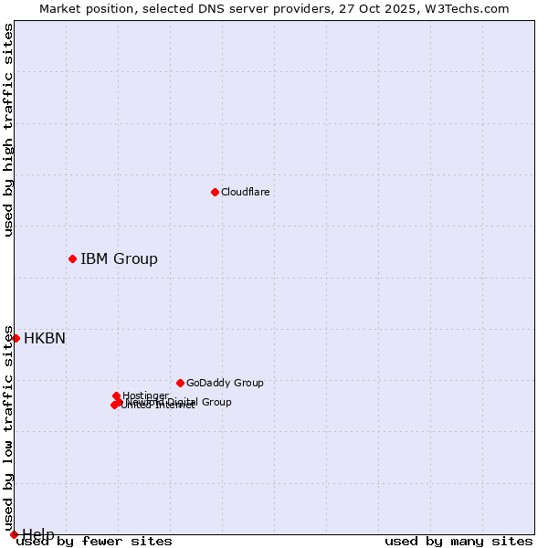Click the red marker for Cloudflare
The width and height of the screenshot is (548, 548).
(x=215, y=192)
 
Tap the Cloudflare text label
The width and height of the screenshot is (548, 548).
(x=245, y=192)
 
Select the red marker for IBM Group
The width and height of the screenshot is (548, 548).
(x=72, y=258)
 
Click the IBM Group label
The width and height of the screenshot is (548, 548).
(x=119, y=258)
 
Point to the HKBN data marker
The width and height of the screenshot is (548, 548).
(x=16, y=338)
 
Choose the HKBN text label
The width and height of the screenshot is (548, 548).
(x=45, y=338)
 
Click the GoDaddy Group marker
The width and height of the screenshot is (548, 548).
(x=180, y=383)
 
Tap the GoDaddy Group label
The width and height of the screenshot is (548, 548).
(x=225, y=383)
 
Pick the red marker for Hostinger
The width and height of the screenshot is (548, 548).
(x=116, y=395)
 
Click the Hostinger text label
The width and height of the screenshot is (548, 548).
(x=145, y=395)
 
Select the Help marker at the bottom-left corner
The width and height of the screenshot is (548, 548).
(x=14, y=534)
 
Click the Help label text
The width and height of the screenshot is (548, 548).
(x=38, y=534)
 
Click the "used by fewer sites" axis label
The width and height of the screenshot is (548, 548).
(x=94, y=542)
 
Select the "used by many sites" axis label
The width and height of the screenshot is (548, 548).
(x=458, y=542)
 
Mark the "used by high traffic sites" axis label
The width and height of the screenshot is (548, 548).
(x=8, y=130)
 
